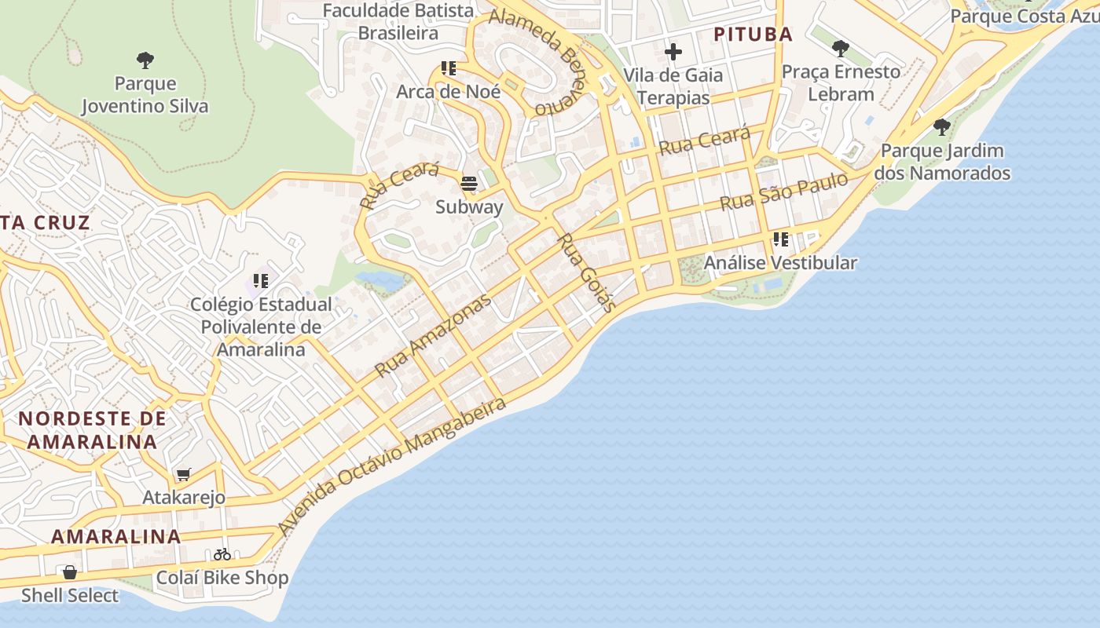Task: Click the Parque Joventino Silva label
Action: coord(145,95)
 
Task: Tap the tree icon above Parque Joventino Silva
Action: coord(145,60)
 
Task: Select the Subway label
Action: coord(469,207)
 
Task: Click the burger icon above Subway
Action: coord(469,184)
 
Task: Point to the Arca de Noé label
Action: coord(448,91)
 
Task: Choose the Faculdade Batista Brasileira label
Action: coord(398,22)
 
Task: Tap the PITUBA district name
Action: coord(752,35)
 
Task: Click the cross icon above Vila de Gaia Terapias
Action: coord(673,53)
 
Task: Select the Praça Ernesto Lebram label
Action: coord(841,82)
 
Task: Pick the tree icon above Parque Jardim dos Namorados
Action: coord(941,126)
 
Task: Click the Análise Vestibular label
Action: coord(779,263)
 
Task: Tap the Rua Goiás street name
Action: coord(586,272)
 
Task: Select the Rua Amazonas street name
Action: coord(433,334)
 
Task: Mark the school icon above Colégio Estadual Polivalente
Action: coord(261,280)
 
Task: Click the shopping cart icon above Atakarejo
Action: coord(184,474)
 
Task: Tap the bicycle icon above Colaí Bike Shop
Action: coord(222,554)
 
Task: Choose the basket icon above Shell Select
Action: coord(70,572)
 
